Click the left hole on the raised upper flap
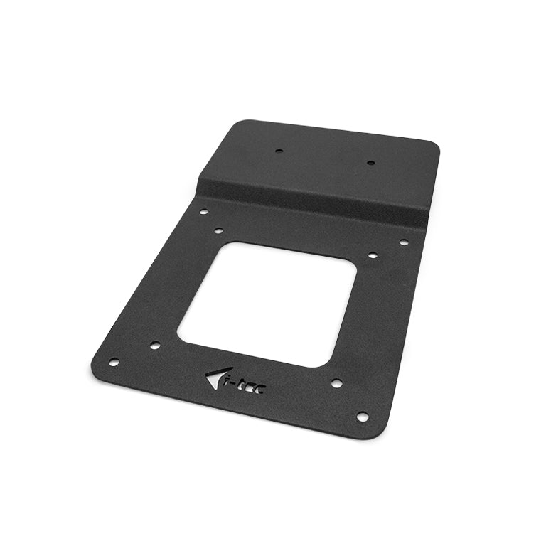pyautogui.click(x=279, y=151)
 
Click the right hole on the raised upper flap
pyautogui.click(x=370, y=163)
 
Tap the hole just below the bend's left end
pyautogui.click(x=203, y=211)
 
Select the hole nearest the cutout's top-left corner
pyautogui.click(x=218, y=231)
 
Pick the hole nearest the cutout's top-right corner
pyautogui.click(x=372, y=255)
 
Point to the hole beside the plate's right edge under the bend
pyautogui.click(x=403, y=242)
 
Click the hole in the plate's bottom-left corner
pyautogui.click(x=113, y=362)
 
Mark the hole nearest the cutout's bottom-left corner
pyautogui.click(x=154, y=346)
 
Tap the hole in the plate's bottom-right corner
pyautogui.click(x=362, y=417)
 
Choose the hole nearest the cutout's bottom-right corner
pyautogui.click(x=336, y=382)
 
